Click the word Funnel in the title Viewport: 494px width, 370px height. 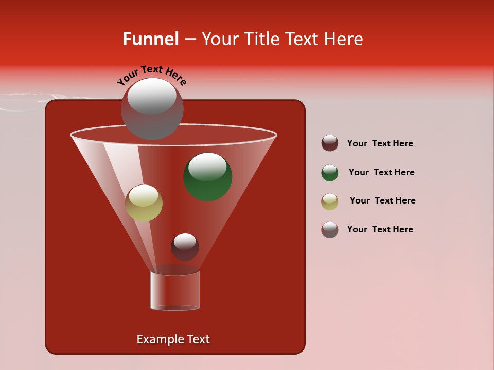click(151, 39)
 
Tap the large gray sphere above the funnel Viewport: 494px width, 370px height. click(152, 108)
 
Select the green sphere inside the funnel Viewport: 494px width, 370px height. click(208, 177)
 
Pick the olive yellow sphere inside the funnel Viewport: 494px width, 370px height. click(144, 203)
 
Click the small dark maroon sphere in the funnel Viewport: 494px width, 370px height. click(185, 247)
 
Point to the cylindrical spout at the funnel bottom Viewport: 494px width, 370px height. click(175, 290)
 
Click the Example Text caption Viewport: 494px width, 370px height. click(173, 339)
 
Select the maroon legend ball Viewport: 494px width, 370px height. click(330, 143)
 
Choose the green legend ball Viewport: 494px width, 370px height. click(330, 173)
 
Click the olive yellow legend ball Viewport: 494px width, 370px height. click(330, 201)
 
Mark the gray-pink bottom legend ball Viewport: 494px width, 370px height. click(330, 230)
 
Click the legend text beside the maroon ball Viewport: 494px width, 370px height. click(380, 143)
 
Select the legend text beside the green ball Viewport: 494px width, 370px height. click(381, 172)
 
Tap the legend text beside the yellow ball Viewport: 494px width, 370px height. click(382, 200)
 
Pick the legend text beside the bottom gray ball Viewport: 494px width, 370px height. click(380, 229)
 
